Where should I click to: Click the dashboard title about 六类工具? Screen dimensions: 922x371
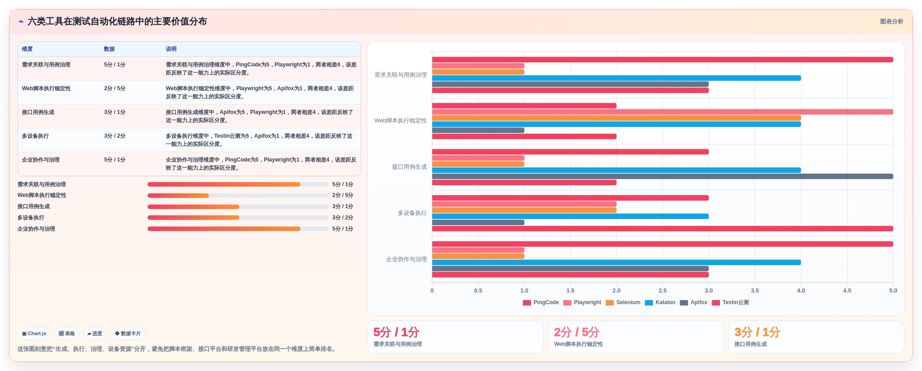117,22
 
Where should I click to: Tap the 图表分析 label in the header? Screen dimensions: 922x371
892,22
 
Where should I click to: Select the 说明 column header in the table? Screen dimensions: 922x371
171,49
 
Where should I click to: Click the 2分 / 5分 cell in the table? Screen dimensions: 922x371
115,88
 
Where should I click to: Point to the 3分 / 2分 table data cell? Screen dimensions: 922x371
115,136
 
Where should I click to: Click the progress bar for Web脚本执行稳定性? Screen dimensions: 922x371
238,196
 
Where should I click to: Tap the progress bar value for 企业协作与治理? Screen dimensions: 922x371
343,229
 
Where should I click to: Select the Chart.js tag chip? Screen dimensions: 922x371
34,334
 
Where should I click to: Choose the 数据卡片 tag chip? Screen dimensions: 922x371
128,334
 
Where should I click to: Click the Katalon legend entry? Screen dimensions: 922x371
660,302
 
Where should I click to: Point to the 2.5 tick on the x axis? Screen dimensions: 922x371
662,291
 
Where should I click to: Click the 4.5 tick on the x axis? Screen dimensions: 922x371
847,291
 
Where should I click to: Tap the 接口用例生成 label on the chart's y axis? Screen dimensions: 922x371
409,167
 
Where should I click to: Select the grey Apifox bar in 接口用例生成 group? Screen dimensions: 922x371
662,176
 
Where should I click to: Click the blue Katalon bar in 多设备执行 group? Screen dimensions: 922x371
570,216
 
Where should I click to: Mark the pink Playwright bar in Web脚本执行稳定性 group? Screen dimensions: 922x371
662,112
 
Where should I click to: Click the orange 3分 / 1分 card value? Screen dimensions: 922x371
757,332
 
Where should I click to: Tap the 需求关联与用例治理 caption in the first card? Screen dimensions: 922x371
398,344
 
